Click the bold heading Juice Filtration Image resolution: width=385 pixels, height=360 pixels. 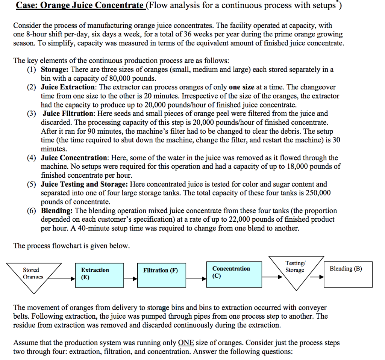(x=68, y=113)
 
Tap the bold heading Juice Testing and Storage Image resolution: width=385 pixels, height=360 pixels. (x=85, y=184)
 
